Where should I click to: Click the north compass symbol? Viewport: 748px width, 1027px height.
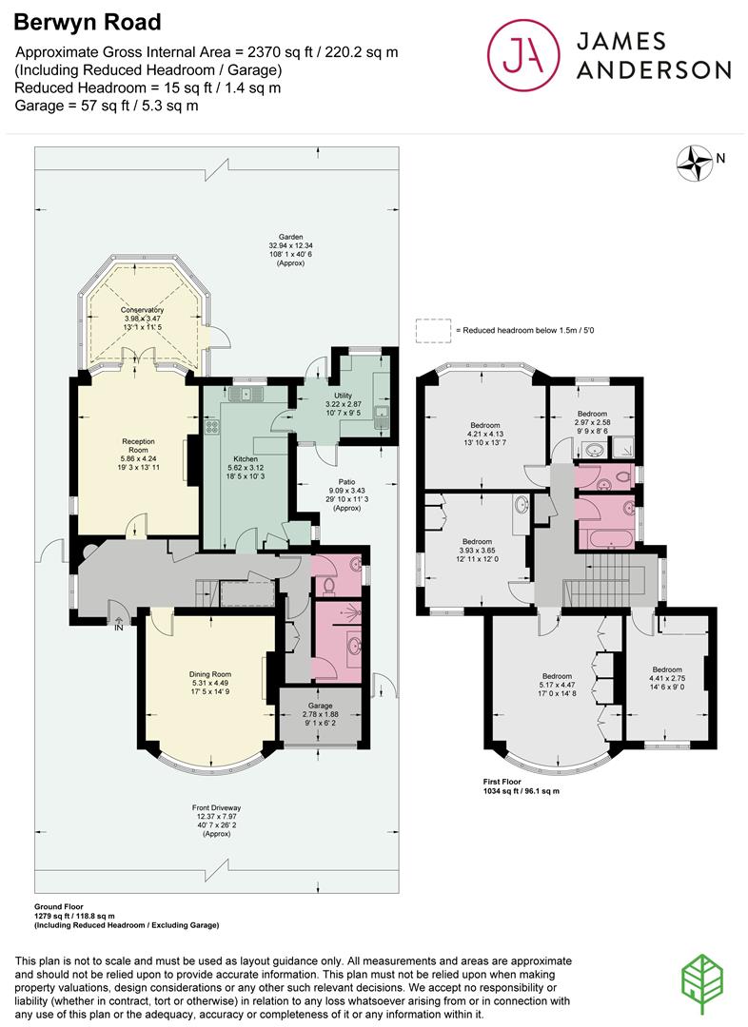(698, 163)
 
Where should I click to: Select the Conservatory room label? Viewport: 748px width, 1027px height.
(142, 310)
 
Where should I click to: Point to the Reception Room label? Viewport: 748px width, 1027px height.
(138, 441)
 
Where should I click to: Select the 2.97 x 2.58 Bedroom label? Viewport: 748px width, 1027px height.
(592, 414)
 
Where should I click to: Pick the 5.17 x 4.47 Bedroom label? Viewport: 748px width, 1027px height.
(557, 676)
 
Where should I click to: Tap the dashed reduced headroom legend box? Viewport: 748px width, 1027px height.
(433, 330)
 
